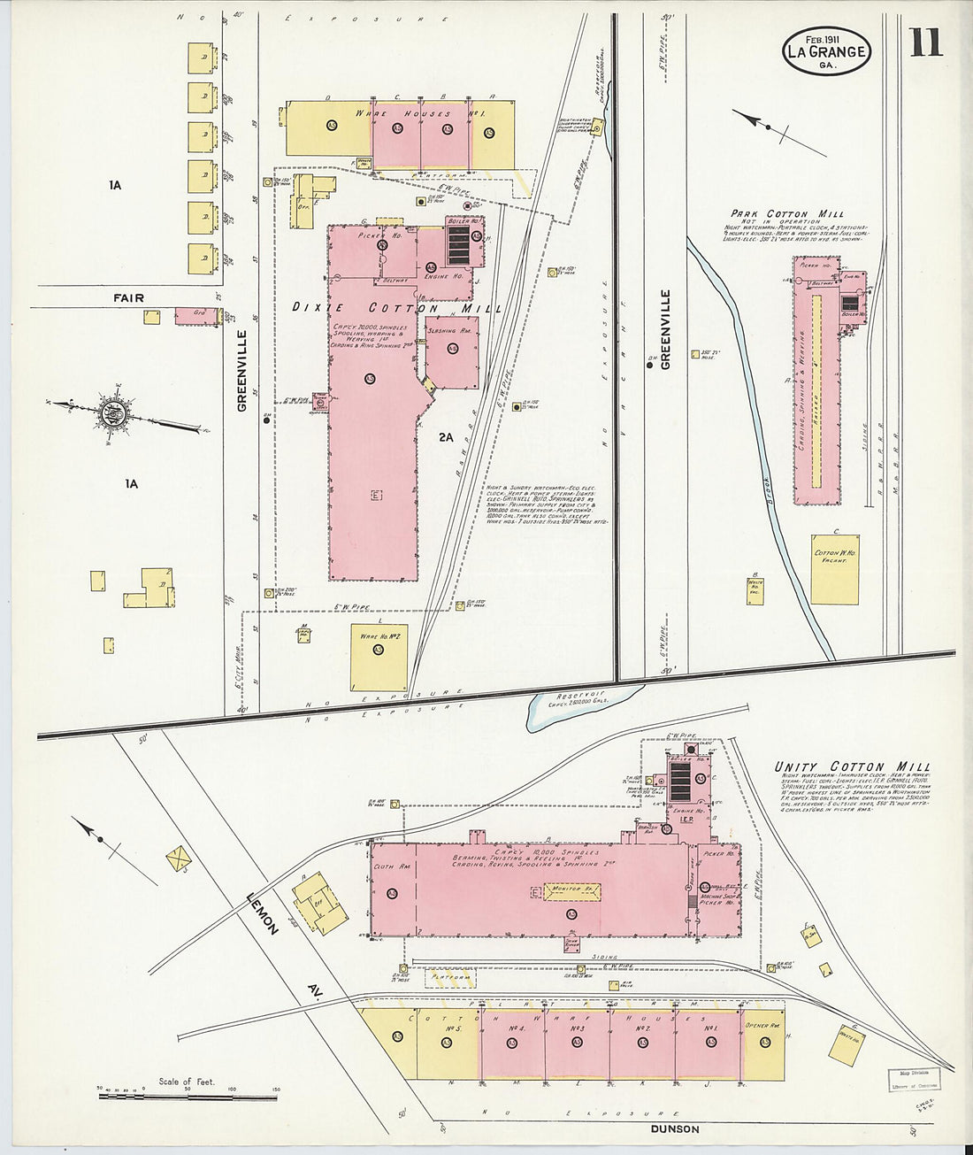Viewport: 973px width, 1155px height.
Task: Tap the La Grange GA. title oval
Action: point(826,51)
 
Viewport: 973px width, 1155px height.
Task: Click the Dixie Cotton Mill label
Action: point(396,308)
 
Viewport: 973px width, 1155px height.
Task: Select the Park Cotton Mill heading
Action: point(786,213)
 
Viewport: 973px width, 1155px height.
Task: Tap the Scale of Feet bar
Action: point(188,1096)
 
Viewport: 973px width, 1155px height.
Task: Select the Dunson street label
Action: point(674,1128)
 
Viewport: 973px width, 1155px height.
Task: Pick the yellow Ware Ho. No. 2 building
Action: point(379,656)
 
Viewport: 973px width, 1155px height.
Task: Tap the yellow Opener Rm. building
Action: point(763,1044)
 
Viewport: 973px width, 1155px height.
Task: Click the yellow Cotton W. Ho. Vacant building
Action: point(834,569)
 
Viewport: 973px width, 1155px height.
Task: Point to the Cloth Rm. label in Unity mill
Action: point(391,867)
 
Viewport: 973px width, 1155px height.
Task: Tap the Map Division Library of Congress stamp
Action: point(914,1078)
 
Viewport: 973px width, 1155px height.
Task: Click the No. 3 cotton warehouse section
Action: point(577,1044)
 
